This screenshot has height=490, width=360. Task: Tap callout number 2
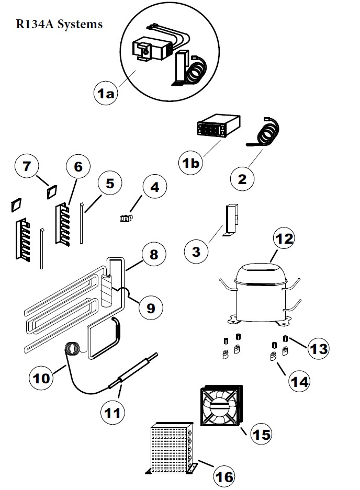[x=241, y=179]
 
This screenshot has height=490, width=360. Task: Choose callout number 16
[x=223, y=476]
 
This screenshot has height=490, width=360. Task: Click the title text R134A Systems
[x=59, y=25]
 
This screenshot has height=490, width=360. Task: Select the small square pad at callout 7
[x=51, y=192]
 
